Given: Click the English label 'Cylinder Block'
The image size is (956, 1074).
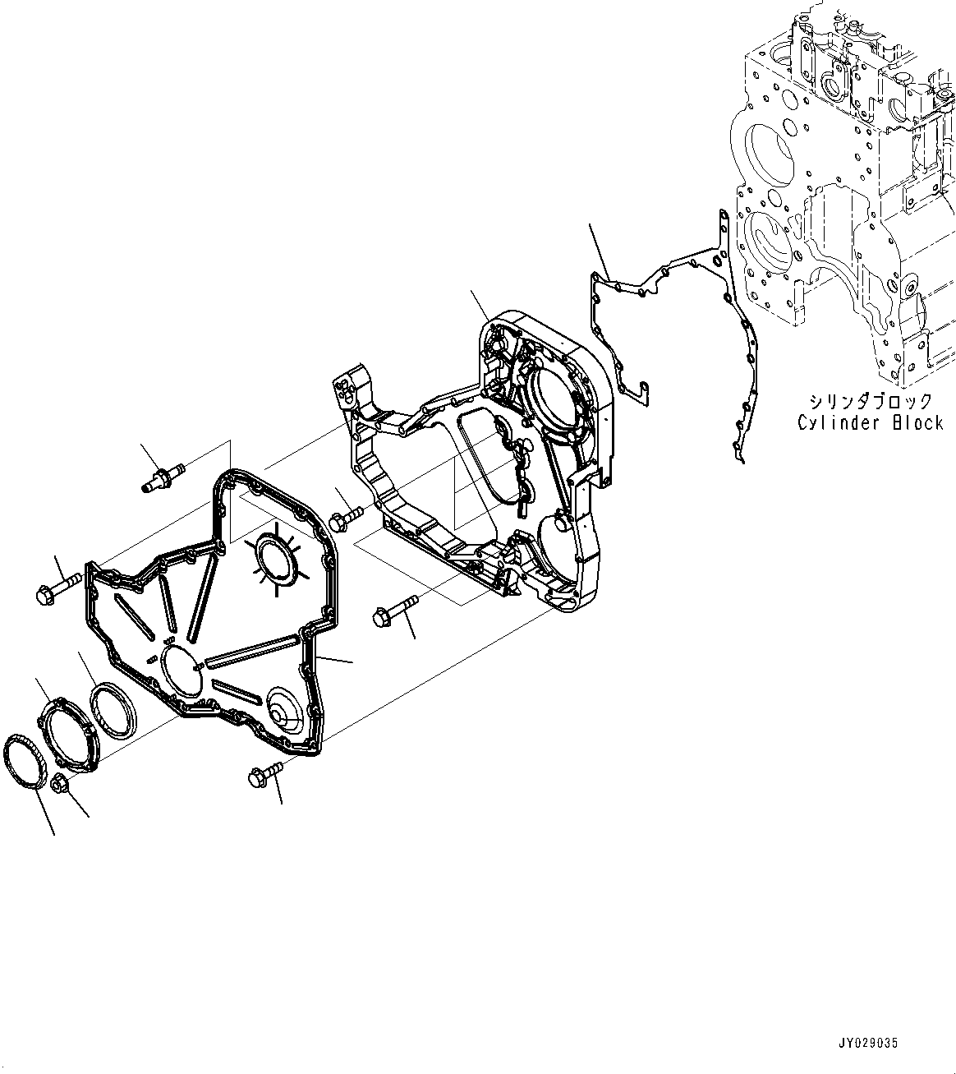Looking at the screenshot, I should [x=870, y=422].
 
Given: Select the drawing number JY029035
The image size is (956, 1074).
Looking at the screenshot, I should [x=869, y=1043].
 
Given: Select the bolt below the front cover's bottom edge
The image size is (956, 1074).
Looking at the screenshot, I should [x=265, y=773].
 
